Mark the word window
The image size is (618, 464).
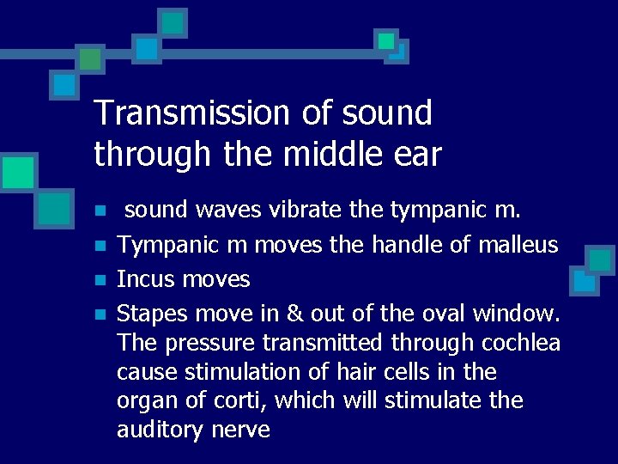[514, 310]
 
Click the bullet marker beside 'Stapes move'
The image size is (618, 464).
[100, 311]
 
